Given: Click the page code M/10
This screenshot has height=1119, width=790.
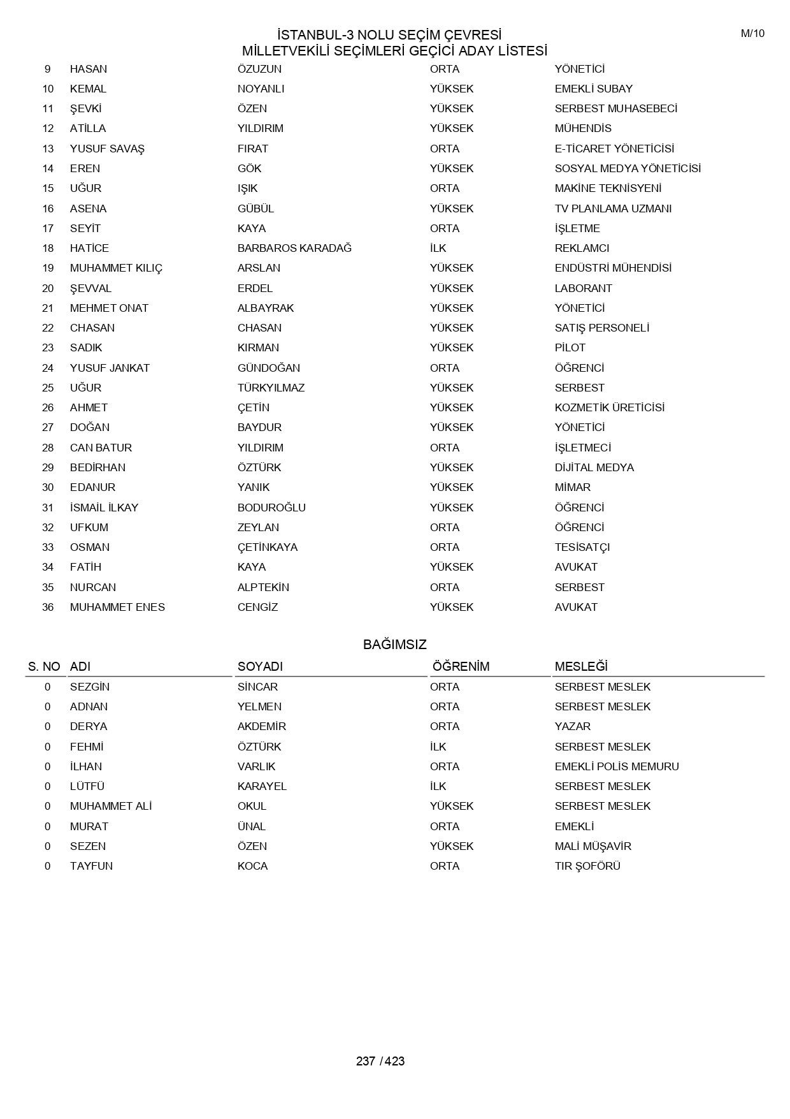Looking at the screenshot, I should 752,34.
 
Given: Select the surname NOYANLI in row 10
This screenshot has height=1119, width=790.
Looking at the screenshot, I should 261,89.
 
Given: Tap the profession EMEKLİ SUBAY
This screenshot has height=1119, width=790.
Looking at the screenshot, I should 593,89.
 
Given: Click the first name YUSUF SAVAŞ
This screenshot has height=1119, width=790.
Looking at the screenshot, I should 107,149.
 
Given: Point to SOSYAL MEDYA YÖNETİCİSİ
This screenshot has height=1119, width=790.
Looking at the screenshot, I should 628,168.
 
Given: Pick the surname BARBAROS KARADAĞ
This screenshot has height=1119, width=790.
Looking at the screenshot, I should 294,248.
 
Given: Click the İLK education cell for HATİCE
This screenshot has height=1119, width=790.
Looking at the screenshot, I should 438,248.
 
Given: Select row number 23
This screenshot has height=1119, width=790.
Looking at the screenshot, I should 48,347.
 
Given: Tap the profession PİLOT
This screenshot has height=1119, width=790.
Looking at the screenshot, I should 570,347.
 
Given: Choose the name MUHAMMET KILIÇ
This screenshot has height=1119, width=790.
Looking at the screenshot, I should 116,268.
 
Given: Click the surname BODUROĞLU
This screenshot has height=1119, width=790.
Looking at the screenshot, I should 271,508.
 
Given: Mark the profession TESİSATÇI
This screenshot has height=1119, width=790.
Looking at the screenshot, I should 582,547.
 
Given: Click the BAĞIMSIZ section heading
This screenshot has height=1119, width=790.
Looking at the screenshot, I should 394,645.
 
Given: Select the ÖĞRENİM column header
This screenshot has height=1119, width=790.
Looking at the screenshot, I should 461,666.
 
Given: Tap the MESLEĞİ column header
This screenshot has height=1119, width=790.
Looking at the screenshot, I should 580,666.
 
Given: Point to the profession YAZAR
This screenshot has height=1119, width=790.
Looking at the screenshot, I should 572,726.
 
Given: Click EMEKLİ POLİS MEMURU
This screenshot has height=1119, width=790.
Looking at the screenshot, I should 616,766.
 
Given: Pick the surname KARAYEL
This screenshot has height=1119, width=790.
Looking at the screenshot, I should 262,786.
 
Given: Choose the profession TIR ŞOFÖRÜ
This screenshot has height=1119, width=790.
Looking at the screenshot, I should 587,866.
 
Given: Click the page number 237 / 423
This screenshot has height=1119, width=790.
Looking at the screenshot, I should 380,1061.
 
